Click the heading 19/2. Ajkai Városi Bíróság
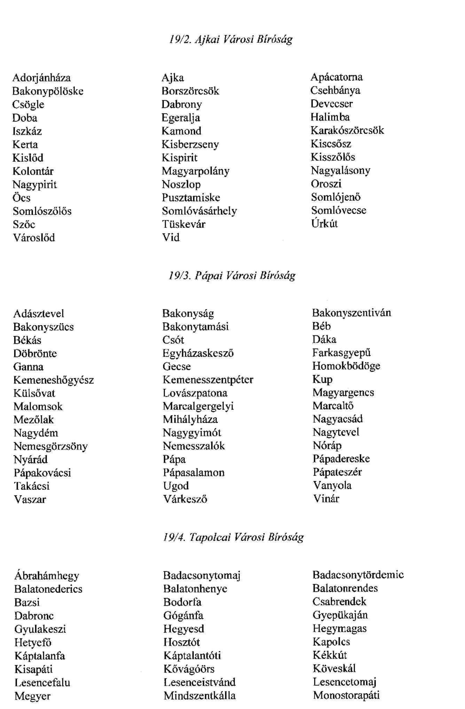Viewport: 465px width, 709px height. click(x=231, y=39)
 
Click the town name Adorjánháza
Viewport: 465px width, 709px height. click(x=41, y=78)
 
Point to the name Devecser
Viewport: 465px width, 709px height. click(x=331, y=104)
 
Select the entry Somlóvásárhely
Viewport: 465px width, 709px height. click(x=199, y=211)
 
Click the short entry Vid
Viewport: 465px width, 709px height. click(x=171, y=238)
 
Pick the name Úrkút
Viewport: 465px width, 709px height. click(x=324, y=223)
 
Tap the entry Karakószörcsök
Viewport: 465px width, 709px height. click(x=347, y=130)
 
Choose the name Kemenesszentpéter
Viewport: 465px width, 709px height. click(x=208, y=380)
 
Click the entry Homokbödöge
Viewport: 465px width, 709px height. click(x=346, y=366)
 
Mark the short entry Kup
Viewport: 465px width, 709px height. click(x=322, y=379)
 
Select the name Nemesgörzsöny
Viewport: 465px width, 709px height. click(x=50, y=446)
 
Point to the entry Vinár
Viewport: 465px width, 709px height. click(x=326, y=499)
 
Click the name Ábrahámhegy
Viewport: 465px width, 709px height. click(x=47, y=576)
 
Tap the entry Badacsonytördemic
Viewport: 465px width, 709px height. click(x=358, y=575)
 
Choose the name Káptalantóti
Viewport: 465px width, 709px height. click(x=192, y=655)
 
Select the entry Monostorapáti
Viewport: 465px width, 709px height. click(x=346, y=695)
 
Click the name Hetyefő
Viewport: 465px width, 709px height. click(x=33, y=642)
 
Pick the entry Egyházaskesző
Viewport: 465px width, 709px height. click(x=198, y=353)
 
